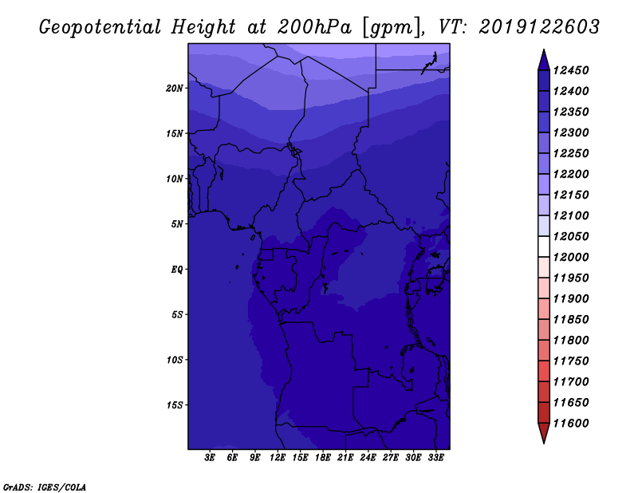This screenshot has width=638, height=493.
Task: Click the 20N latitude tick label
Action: click(175, 89)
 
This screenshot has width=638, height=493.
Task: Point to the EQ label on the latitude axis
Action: click(177, 270)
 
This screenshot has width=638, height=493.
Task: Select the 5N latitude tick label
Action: click(177, 224)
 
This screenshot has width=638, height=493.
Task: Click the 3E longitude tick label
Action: click(210, 458)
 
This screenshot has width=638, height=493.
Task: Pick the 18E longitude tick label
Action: click(323, 458)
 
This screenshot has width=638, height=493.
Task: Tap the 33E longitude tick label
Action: click(435, 458)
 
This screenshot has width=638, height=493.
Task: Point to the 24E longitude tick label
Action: click(368, 458)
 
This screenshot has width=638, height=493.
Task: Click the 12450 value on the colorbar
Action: click(571, 70)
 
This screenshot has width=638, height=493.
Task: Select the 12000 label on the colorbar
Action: click(571, 258)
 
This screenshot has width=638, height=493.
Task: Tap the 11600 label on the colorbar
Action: click(571, 424)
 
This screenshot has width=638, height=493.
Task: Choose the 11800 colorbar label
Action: click(571, 341)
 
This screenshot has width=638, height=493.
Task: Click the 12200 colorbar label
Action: click(571, 174)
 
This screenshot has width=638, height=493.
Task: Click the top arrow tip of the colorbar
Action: click(544, 49)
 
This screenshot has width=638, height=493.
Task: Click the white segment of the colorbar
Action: click(544, 246)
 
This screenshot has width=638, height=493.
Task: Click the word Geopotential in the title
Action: click(100, 27)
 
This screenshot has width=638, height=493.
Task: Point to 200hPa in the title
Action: click(314, 27)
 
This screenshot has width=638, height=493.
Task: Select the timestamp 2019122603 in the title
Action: click(539, 27)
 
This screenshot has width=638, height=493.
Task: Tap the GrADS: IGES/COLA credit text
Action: click(45, 487)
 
